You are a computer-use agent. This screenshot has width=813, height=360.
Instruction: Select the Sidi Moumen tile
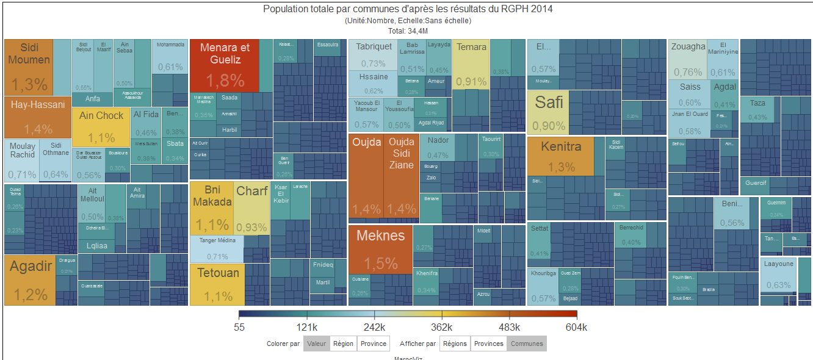(x=29, y=67)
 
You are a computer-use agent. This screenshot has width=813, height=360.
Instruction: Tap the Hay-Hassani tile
(x=38, y=117)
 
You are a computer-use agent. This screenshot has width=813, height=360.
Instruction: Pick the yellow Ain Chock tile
(x=101, y=126)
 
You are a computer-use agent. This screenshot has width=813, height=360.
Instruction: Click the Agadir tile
(x=30, y=280)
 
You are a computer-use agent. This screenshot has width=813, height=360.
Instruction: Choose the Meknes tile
(x=380, y=249)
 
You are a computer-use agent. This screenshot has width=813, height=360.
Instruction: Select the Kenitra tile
(x=560, y=156)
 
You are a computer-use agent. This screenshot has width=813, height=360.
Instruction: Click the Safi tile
(x=548, y=112)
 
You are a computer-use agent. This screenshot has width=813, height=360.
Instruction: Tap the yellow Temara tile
(x=471, y=63)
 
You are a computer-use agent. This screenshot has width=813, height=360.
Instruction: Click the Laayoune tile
(x=778, y=275)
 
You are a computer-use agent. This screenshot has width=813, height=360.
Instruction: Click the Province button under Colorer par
(x=374, y=344)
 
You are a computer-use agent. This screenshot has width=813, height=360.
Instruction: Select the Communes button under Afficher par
(x=527, y=344)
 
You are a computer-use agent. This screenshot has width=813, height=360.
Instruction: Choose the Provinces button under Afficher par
(x=489, y=344)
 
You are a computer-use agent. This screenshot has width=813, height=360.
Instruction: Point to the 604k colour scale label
(x=576, y=327)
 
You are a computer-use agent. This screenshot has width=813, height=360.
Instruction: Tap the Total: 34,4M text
(x=407, y=31)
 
